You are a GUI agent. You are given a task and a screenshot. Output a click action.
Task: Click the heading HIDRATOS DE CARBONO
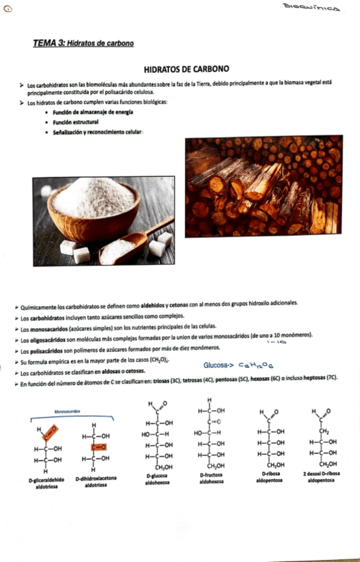[186, 68]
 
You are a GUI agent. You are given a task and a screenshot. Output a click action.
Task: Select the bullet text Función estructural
[76, 123]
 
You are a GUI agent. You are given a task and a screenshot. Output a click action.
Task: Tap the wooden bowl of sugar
[93, 205]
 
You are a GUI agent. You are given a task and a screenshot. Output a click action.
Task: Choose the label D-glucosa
[157, 476]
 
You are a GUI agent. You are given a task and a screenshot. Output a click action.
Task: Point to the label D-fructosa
[211, 476]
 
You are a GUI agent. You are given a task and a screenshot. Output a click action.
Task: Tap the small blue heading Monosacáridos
[68, 412]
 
